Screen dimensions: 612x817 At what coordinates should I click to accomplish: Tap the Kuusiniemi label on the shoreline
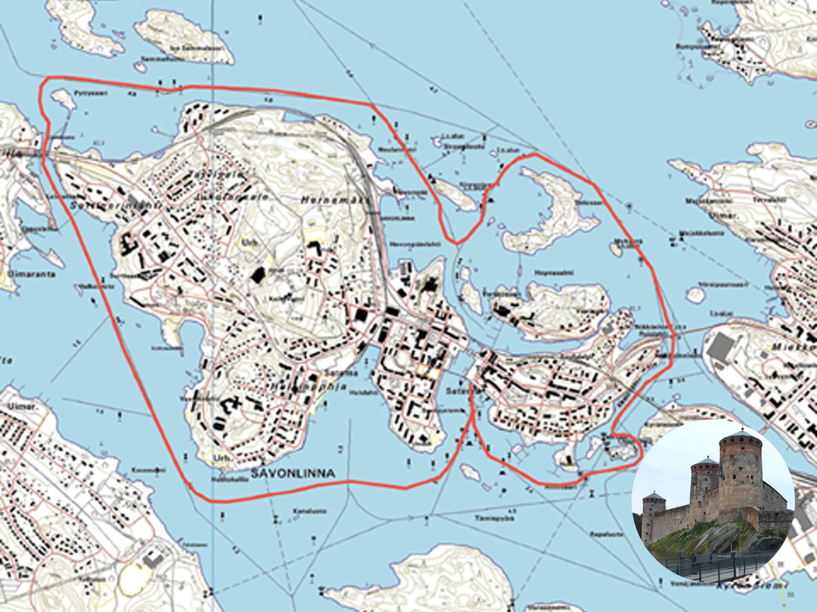coord(150,470)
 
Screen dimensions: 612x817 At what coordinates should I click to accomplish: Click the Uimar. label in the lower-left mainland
coord(17,407)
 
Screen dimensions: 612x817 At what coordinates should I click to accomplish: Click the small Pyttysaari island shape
coord(64,98)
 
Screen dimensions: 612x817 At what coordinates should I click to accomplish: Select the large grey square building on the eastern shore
coord(722,347)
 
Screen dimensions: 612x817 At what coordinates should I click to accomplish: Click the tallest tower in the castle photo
coord(740,470)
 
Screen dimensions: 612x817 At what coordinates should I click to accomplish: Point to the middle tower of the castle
coord(704,485)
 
